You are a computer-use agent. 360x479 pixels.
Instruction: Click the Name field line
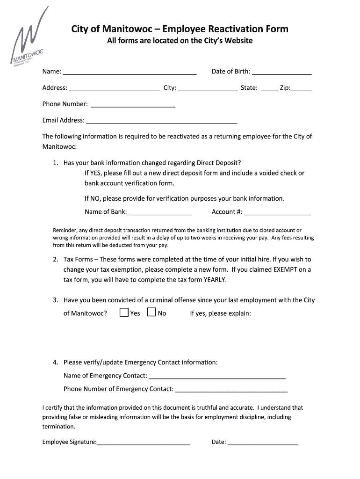tap(130, 73)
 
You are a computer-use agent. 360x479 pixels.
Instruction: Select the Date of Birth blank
tap(281, 73)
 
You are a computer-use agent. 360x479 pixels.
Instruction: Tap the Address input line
tap(114, 89)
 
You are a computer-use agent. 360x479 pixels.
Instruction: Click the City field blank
tap(207, 89)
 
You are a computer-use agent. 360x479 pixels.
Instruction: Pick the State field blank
tap(269, 89)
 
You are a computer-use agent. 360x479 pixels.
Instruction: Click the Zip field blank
tap(302, 89)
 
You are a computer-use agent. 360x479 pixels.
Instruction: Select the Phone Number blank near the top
tap(133, 105)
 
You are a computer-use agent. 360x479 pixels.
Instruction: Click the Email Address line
tap(162, 122)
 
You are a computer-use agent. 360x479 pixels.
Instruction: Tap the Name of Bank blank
tap(160, 213)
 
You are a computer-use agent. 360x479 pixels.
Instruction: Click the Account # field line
tap(277, 213)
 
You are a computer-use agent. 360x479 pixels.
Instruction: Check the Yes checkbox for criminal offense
tap(124, 312)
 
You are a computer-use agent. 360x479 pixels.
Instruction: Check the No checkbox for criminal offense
tap(151, 312)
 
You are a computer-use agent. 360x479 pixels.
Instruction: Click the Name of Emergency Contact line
tap(217, 377)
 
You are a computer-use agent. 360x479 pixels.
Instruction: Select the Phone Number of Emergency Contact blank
tap(231, 390)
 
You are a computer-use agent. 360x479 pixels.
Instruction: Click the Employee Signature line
tap(144, 443)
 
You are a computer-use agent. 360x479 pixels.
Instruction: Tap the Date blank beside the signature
tap(263, 443)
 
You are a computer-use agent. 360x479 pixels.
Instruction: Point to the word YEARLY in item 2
tap(215, 280)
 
